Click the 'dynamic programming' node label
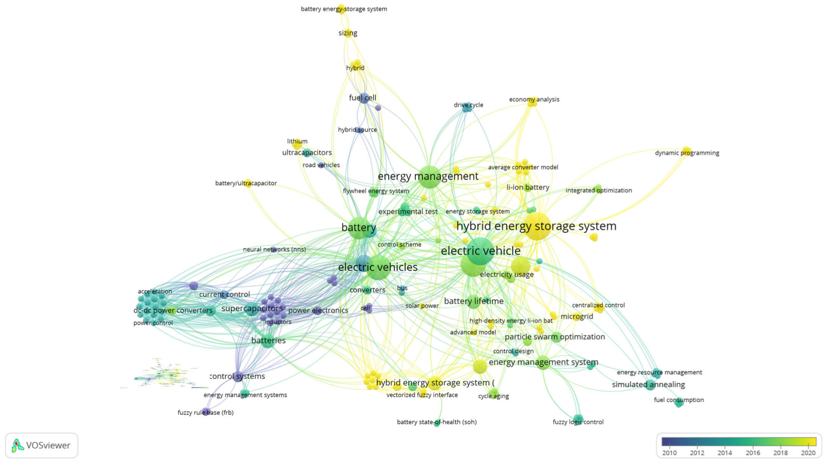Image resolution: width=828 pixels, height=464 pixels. [687, 153]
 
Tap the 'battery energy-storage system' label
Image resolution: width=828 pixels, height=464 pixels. [344, 9]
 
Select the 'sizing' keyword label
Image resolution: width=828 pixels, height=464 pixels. [348, 33]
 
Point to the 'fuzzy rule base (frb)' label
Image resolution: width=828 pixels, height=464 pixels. [206, 413]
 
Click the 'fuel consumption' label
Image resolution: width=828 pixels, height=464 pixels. [678, 400]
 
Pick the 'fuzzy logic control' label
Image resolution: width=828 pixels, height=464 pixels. [578, 422]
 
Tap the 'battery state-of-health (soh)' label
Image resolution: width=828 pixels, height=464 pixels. [437, 422]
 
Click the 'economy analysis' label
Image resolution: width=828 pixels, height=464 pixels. [534, 99]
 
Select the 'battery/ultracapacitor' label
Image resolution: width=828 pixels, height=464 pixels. [246, 184]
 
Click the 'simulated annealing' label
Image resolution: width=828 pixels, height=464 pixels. [648, 385]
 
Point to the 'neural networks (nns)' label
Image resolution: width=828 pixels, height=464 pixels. [274, 250]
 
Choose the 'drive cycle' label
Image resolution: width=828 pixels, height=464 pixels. [468, 105]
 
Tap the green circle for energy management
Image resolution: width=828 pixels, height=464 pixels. [429, 178]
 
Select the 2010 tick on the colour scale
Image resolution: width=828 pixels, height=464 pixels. [669, 453]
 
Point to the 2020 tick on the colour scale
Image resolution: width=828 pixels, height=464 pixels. [808, 453]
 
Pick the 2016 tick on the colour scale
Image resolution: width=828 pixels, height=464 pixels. [752, 453]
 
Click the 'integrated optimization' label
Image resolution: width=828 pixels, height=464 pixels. [599, 191]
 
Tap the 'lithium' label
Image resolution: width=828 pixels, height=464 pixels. [297, 142]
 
